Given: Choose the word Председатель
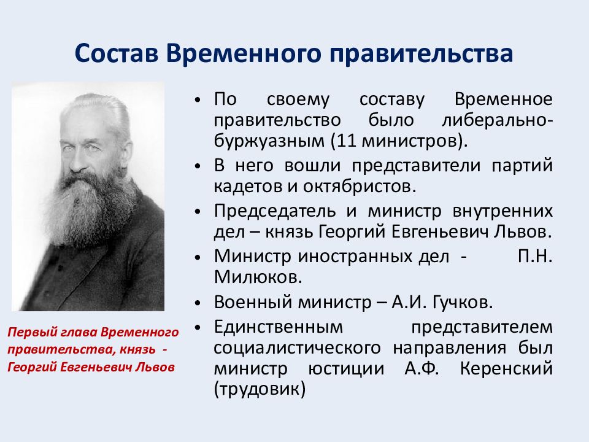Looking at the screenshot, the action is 275,211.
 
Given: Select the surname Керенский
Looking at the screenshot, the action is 506,368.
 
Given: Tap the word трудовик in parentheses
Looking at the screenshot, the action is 259,389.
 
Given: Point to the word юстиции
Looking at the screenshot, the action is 346,368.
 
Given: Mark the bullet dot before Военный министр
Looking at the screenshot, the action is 198,303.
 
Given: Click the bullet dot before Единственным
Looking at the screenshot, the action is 198,328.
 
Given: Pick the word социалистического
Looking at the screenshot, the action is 297,348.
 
